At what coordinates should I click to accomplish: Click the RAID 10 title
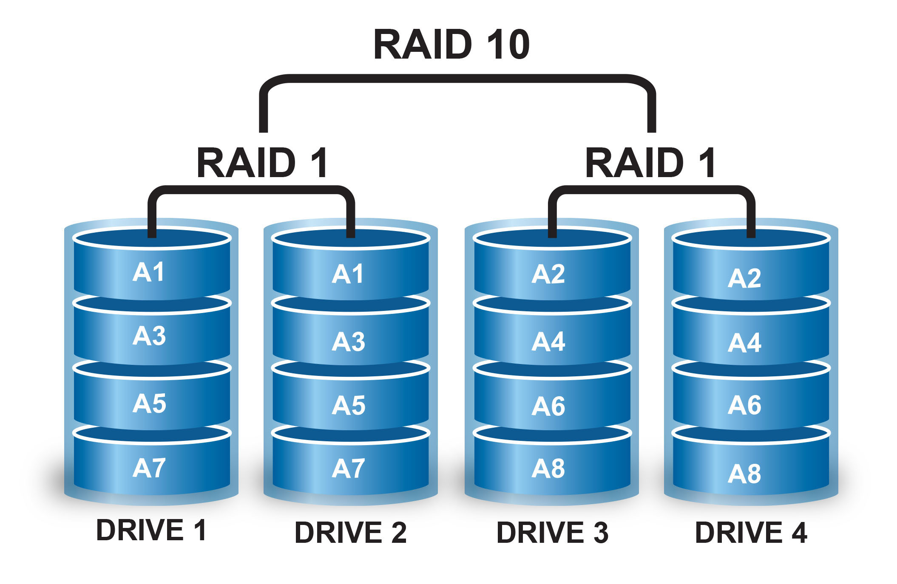451,45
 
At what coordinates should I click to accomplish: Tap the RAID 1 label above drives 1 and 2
262,163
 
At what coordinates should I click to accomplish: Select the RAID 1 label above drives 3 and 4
650,163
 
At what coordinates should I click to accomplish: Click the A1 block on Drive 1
148,272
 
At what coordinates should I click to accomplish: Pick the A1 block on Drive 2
348,274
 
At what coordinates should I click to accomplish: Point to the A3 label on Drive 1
149,336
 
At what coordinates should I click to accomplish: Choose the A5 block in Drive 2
349,405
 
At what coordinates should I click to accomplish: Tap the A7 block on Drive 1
149,468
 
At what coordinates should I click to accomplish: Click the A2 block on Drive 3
548,274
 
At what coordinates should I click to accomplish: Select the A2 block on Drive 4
744,279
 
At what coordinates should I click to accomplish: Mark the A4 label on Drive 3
548,342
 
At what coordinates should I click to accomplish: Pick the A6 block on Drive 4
744,405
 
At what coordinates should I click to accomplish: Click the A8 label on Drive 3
548,468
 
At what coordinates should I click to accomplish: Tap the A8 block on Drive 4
744,474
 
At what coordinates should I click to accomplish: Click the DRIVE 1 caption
151,530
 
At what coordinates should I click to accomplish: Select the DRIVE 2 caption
351,533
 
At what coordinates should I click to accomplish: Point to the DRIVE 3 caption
552,533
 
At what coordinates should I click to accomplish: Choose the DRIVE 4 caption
751,533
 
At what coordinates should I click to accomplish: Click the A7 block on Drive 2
349,468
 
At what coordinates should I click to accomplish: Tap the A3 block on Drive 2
349,342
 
